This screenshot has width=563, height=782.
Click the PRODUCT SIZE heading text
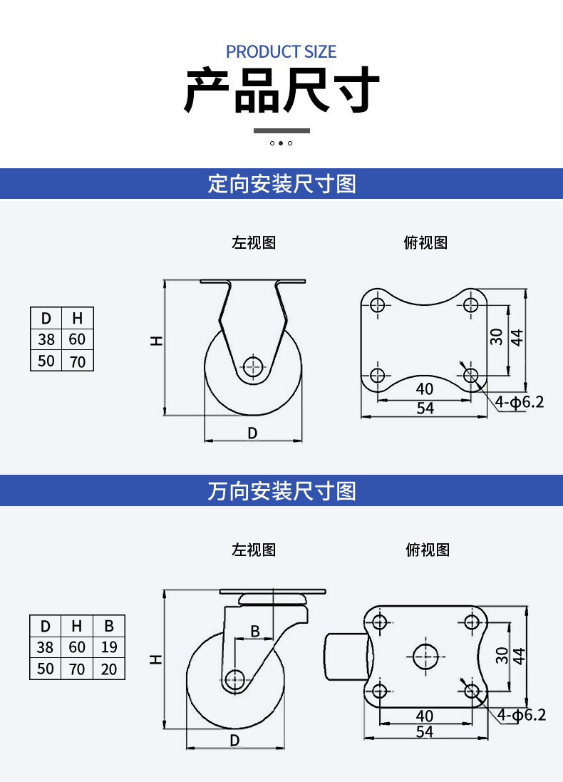pyautogui.click(x=281, y=51)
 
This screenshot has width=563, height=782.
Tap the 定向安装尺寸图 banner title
pyautogui.click(x=281, y=183)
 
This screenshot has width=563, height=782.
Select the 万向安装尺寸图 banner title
pyautogui.click(x=281, y=490)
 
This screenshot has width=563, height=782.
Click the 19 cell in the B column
pyautogui.click(x=109, y=647)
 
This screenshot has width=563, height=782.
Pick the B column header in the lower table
pyautogui.click(x=109, y=625)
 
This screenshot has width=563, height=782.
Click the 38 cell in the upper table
pyautogui.click(x=46, y=339)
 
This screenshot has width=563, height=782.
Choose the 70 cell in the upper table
pyautogui.click(x=77, y=361)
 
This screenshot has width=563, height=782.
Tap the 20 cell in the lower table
pyautogui.click(x=109, y=669)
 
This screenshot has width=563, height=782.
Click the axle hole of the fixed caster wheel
pyautogui.click(x=253, y=366)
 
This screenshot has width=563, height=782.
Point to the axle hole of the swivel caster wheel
pyautogui.click(x=234, y=679)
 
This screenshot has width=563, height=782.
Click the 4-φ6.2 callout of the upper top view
pyautogui.click(x=520, y=401)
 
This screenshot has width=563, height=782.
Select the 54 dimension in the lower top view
pyautogui.click(x=425, y=731)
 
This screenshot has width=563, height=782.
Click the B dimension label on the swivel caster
pyautogui.click(x=255, y=631)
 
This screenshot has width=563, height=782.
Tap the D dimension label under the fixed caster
pyautogui.click(x=252, y=433)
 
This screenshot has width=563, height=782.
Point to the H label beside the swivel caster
pyautogui.click(x=156, y=659)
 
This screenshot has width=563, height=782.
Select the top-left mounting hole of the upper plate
pyautogui.click(x=378, y=304)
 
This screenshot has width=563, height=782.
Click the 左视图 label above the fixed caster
pyautogui.click(x=253, y=242)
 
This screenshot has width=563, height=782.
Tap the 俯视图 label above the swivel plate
pyautogui.click(x=428, y=550)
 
